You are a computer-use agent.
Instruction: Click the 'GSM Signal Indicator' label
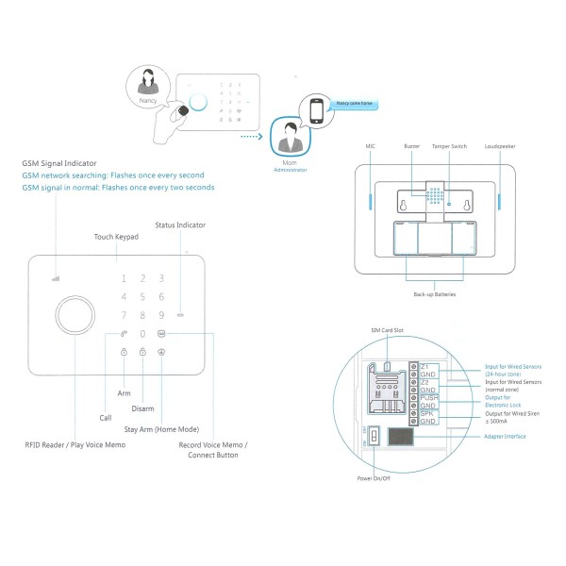pyautogui.click(x=58, y=164)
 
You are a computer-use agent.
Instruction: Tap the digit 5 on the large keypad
pyautogui.click(x=142, y=297)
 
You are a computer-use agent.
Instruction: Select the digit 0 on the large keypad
pyautogui.click(x=142, y=333)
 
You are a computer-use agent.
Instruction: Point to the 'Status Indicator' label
pyautogui.click(x=179, y=225)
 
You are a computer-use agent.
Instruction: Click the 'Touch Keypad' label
pyautogui.click(x=116, y=235)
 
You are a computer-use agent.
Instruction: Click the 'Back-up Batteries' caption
pyautogui.click(x=435, y=295)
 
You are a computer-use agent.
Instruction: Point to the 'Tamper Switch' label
pyautogui.click(x=449, y=147)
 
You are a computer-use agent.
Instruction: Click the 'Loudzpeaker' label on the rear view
pyautogui.click(x=499, y=147)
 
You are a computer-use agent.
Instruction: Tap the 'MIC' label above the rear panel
pyautogui.click(x=371, y=147)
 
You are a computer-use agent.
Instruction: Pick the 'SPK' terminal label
pyautogui.click(x=426, y=414)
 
